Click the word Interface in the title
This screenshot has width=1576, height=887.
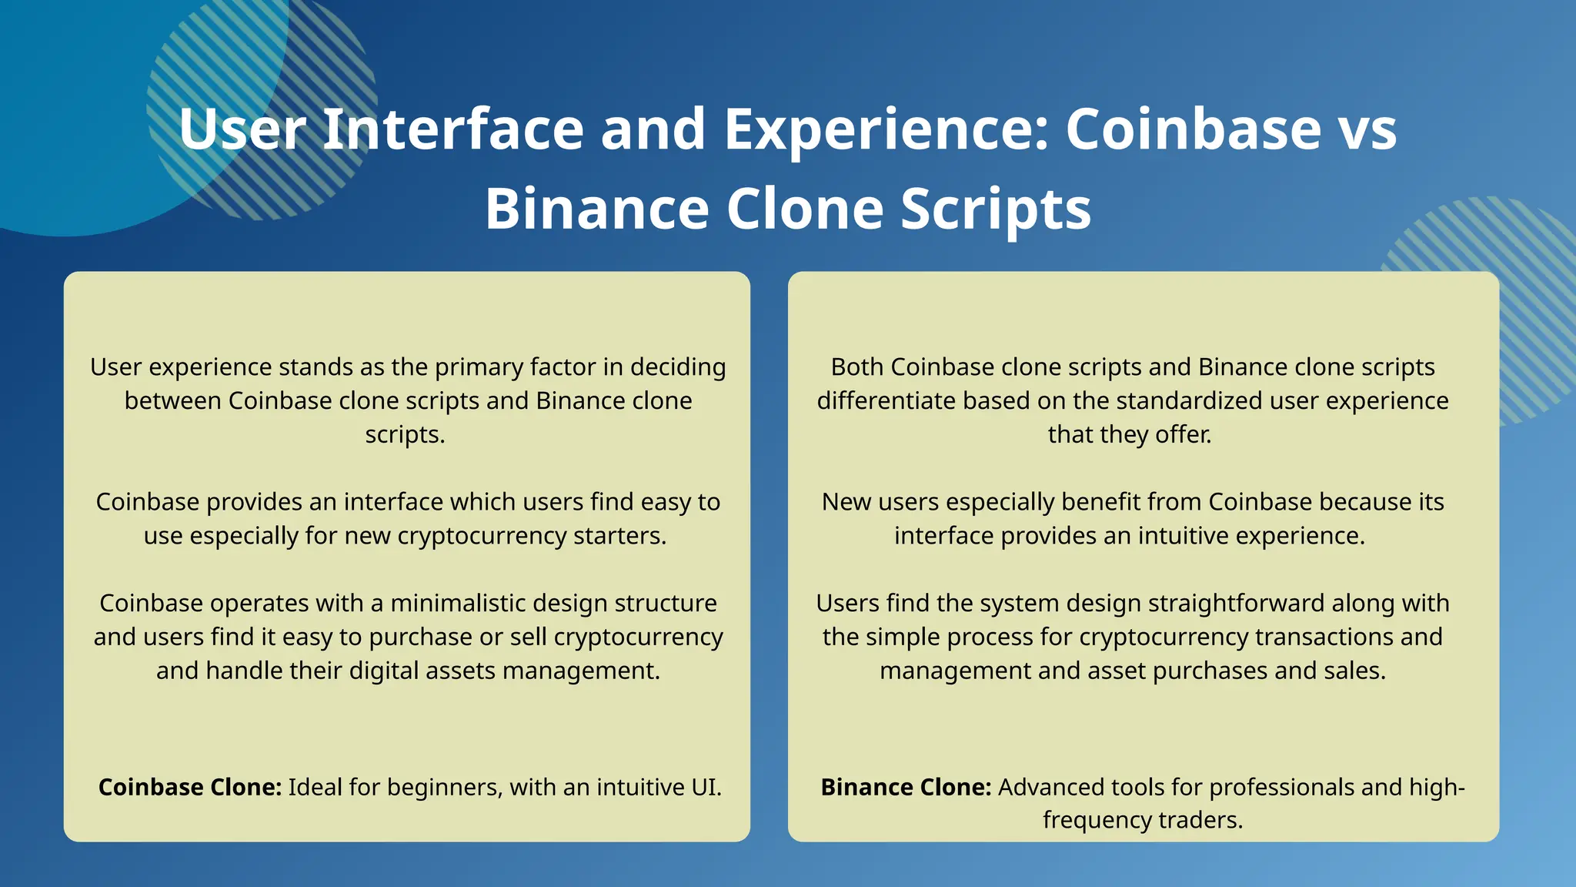click(x=453, y=129)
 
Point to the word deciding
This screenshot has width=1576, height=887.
click(x=678, y=367)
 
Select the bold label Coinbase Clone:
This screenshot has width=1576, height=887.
click(x=190, y=787)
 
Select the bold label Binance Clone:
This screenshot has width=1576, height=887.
click(x=906, y=787)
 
